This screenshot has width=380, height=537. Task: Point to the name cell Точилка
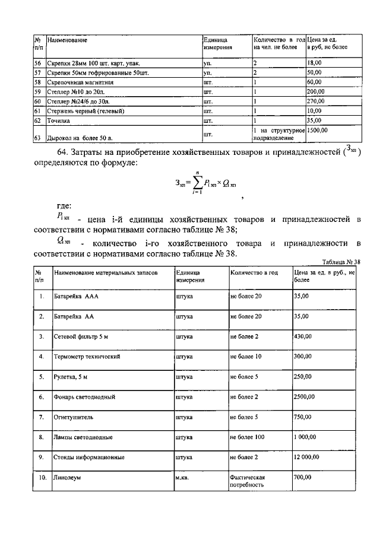(59, 120)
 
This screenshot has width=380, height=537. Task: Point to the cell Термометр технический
(88, 357)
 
